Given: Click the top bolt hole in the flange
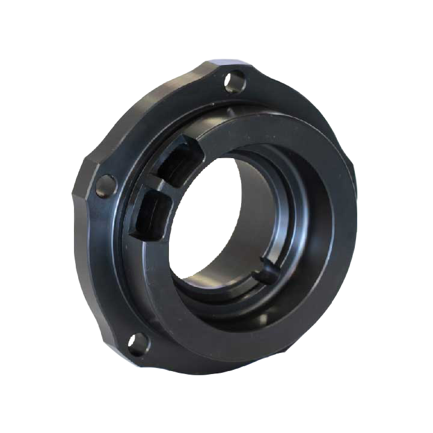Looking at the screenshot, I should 235,81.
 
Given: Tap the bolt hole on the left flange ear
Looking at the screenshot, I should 106,186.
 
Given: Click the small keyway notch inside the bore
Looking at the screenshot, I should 266,274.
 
